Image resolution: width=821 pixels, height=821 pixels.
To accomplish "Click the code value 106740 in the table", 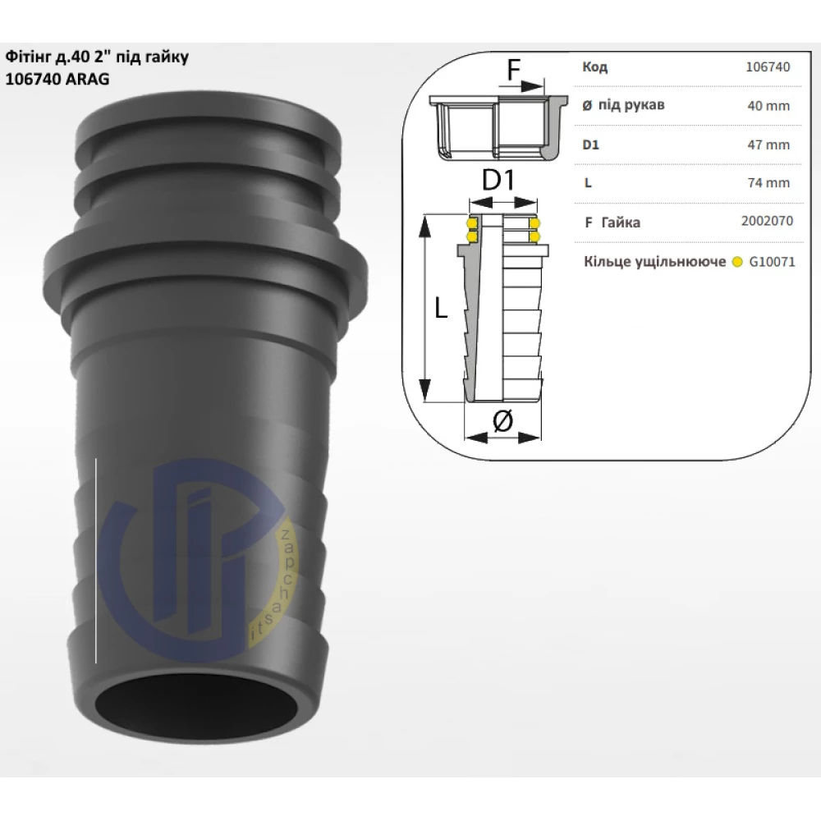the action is point(768,67).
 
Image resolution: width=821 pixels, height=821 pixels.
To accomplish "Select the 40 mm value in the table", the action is point(768,106).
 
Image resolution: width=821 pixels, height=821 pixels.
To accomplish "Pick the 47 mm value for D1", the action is point(768,144).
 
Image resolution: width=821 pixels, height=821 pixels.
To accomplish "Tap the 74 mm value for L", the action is point(768,183).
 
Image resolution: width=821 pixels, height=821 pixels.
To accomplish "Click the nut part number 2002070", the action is point(767,221).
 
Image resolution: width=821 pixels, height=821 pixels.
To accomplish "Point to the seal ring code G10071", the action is point(772,261).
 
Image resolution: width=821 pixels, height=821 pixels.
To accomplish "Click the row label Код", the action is point(594,67).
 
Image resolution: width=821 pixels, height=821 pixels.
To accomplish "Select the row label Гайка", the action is point(621,222).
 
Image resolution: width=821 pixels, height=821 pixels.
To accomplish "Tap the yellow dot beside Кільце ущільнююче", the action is point(737,262).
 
